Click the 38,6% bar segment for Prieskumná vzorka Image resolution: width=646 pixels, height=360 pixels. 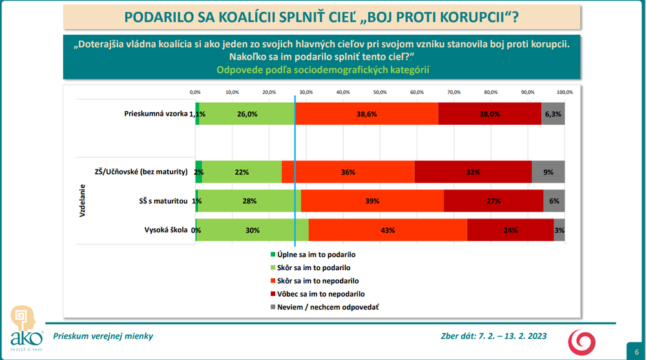point(366,114)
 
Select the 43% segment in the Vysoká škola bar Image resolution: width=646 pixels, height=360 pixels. point(388,230)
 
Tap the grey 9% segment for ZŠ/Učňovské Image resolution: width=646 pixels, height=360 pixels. point(548,172)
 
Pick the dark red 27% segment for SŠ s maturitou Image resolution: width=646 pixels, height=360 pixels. point(494,201)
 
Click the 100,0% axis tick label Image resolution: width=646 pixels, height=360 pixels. point(565,92)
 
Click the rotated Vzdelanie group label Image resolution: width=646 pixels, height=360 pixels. point(83,201)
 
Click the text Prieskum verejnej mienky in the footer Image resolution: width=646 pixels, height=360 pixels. point(103,336)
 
